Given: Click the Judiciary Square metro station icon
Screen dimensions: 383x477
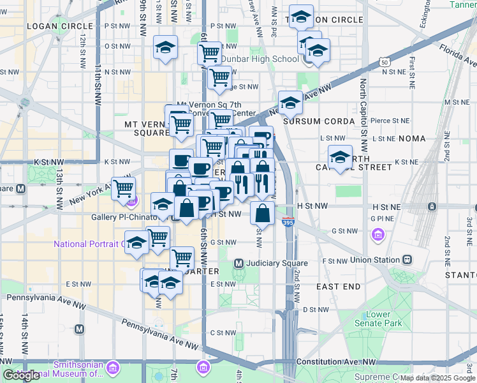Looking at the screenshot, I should [239, 263].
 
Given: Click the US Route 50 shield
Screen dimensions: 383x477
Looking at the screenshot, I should [383, 62].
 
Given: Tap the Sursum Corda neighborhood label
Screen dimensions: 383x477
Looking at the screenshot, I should [318, 121].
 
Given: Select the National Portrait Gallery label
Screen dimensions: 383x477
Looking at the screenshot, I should [89, 244].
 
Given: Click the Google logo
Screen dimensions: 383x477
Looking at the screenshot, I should [21, 375].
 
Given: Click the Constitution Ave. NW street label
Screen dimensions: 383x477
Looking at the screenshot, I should [343, 362].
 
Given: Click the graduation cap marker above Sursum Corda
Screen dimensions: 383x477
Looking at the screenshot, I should [290, 102].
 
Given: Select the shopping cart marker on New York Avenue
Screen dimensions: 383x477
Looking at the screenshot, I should [122, 188].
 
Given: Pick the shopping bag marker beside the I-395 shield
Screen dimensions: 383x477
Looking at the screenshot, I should [262, 213].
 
